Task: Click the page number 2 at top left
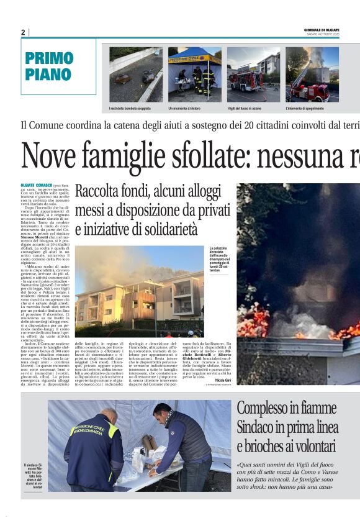(23, 32)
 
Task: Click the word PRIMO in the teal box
(50, 59)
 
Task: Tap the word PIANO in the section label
(48, 75)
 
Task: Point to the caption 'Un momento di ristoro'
(185, 108)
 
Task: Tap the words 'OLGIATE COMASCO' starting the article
(37, 186)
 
